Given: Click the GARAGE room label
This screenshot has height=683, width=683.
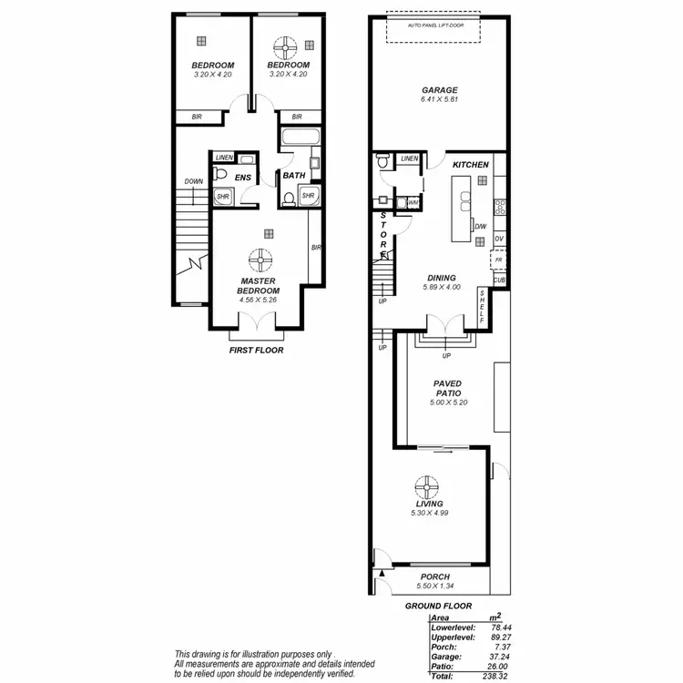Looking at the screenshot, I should (x=439, y=90).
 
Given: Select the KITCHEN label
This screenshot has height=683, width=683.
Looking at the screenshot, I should (x=472, y=164).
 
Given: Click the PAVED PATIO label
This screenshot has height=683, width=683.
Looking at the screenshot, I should (x=447, y=389).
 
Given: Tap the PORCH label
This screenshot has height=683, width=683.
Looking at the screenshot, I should (x=434, y=576).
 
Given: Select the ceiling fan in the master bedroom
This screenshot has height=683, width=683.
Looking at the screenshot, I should (x=261, y=259).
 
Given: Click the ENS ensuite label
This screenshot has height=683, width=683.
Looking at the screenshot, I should (x=243, y=178).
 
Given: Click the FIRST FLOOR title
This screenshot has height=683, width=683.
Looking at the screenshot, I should (x=256, y=350).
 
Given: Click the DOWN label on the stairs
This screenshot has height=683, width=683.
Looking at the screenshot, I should (x=193, y=181).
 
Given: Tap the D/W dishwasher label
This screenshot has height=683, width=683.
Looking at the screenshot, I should (x=480, y=226).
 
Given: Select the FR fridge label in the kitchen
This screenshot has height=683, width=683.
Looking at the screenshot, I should (x=498, y=260).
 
